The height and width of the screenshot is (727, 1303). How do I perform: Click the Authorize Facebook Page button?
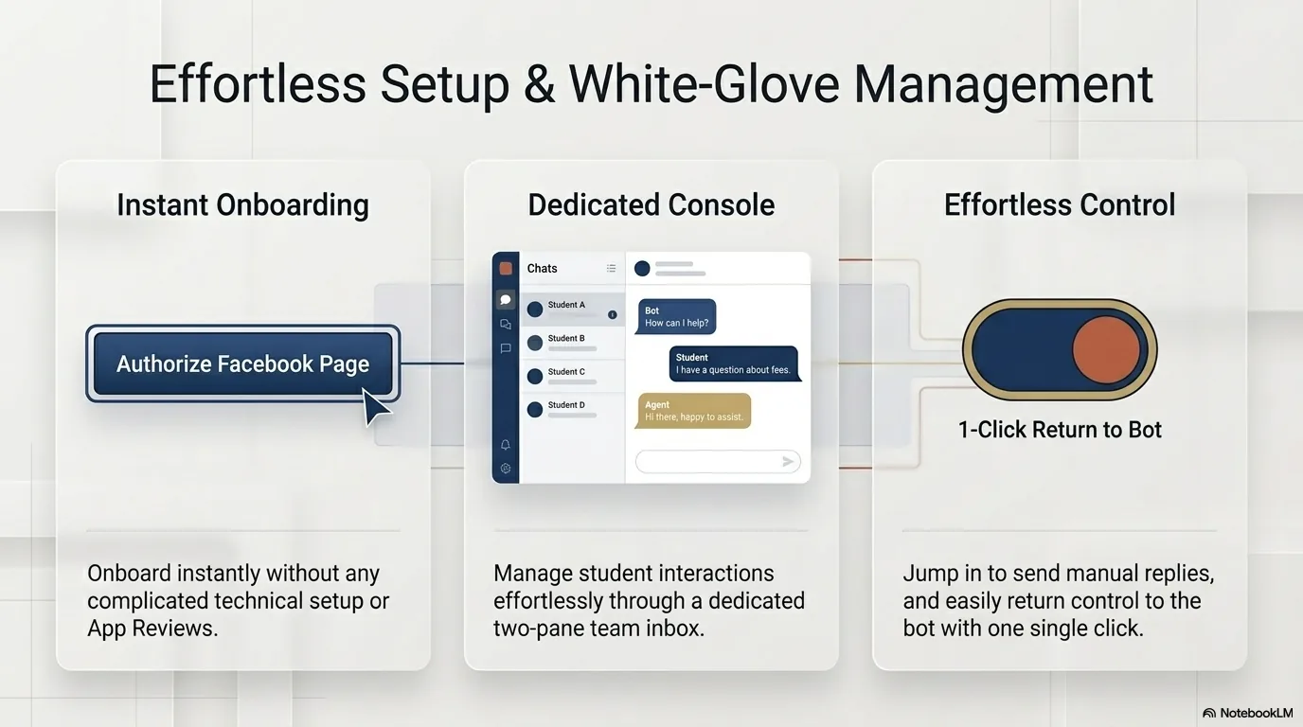tap(243, 363)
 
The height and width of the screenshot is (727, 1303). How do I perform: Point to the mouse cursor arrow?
tap(375, 406)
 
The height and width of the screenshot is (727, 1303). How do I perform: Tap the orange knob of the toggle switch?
tap(1106, 350)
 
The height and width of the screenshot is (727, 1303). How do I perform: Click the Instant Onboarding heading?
tap(243, 204)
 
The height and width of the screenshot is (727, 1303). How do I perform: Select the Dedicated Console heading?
tap(651, 204)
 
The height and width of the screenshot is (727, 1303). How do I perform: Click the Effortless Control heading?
tap(1060, 204)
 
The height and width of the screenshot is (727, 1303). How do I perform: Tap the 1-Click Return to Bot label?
tap(1060, 430)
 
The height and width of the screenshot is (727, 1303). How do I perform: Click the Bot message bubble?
tap(676, 317)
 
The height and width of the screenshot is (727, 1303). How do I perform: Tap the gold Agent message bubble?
tap(693, 411)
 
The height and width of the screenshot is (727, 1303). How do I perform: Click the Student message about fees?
tap(734, 364)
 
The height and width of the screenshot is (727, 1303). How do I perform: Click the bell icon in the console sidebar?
tap(506, 445)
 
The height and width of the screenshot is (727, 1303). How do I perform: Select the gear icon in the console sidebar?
tap(506, 469)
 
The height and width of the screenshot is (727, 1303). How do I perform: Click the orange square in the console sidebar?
tap(506, 268)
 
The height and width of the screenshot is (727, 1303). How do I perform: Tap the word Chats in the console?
tap(543, 268)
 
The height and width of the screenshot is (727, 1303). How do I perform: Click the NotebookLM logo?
tap(1247, 713)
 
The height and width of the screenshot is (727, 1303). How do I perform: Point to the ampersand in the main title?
tap(539, 85)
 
